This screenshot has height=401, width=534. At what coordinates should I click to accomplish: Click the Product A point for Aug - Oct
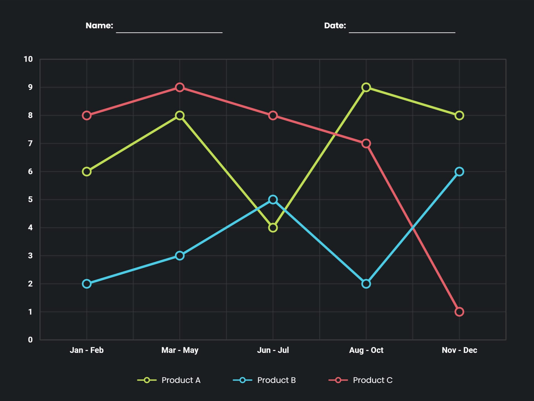(x=366, y=87)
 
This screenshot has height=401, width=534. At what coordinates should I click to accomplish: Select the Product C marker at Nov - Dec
(x=459, y=312)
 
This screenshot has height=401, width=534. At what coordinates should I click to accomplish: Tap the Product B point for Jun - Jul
(x=273, y=199)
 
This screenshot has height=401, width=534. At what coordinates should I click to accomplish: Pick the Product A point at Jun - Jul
(x=273, y=228)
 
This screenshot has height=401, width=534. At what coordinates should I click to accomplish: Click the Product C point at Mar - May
(x=180, y=87)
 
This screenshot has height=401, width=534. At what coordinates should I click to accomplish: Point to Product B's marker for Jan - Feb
(x=86, y=284)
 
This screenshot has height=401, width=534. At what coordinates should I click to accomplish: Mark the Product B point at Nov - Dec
(x=459, y=172)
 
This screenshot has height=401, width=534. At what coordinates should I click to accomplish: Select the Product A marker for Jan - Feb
(x=86, y=172)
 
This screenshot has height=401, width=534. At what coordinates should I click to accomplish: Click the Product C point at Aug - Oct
(x=366, y=143)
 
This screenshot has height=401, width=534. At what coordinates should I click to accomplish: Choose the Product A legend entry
(x=169, y=380)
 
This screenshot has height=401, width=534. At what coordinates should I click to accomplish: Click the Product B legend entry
(x=264, y=380)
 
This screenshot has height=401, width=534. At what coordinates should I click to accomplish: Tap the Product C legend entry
(x=360, y=380)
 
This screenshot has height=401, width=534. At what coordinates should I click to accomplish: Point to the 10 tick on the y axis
(x=28, y=59)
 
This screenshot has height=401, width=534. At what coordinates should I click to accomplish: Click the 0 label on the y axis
(x=30, y=340)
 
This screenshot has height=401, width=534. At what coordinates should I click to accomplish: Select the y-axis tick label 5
(x=30, y=199)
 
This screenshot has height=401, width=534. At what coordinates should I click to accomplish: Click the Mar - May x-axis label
(x=180, y=350)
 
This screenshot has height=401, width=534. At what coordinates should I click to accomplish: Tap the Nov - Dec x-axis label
(x=459, y=350)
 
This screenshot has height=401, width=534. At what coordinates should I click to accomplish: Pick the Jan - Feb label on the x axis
(x=86, y=350)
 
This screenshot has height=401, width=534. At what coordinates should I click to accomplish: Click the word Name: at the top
(x=99, y=26)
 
